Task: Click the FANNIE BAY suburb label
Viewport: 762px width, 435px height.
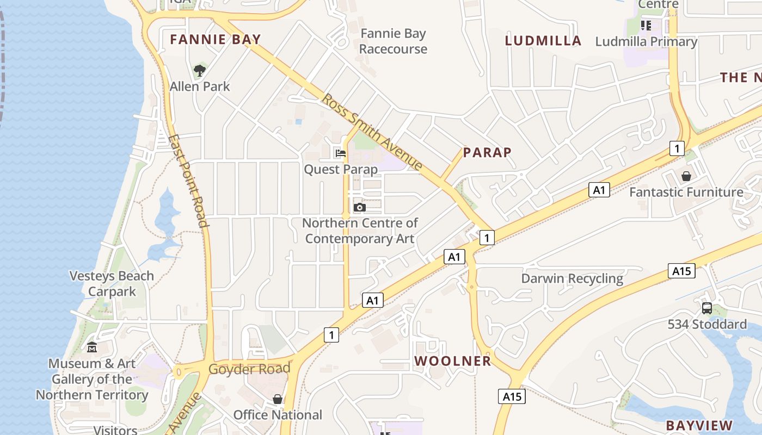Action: tap(216, 39)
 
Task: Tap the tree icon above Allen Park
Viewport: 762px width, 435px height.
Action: tap(200, 70)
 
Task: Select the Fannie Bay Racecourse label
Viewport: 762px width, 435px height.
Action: tap(393, 41)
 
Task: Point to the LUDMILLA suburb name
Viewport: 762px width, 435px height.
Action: tap(543, 41)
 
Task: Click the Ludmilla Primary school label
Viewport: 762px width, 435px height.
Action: tap(646, 41)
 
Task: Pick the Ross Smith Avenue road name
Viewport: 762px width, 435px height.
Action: tap(372, 132)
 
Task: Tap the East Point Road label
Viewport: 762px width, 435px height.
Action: tap(188, 181)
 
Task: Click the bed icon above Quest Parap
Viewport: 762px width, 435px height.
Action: tap(341, 153)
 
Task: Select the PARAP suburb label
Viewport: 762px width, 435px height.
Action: tap(487, 153)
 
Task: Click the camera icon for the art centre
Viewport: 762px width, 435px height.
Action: tap(359, 207)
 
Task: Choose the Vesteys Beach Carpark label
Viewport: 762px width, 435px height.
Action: tap(112, 283)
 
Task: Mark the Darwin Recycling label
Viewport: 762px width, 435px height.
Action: tap(572, 278)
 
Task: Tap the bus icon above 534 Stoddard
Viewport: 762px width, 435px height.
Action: tap(707, 308)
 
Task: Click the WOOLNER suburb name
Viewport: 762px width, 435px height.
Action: tap(452, 361)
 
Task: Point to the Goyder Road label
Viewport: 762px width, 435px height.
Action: tap(249, 369)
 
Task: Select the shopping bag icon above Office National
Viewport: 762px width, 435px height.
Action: tap(278, 400)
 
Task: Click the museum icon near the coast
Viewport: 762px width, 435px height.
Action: tap(92, 347)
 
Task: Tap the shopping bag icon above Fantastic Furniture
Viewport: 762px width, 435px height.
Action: tap(686, 176)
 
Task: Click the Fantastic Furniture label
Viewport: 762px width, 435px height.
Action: tap(686, 192)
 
